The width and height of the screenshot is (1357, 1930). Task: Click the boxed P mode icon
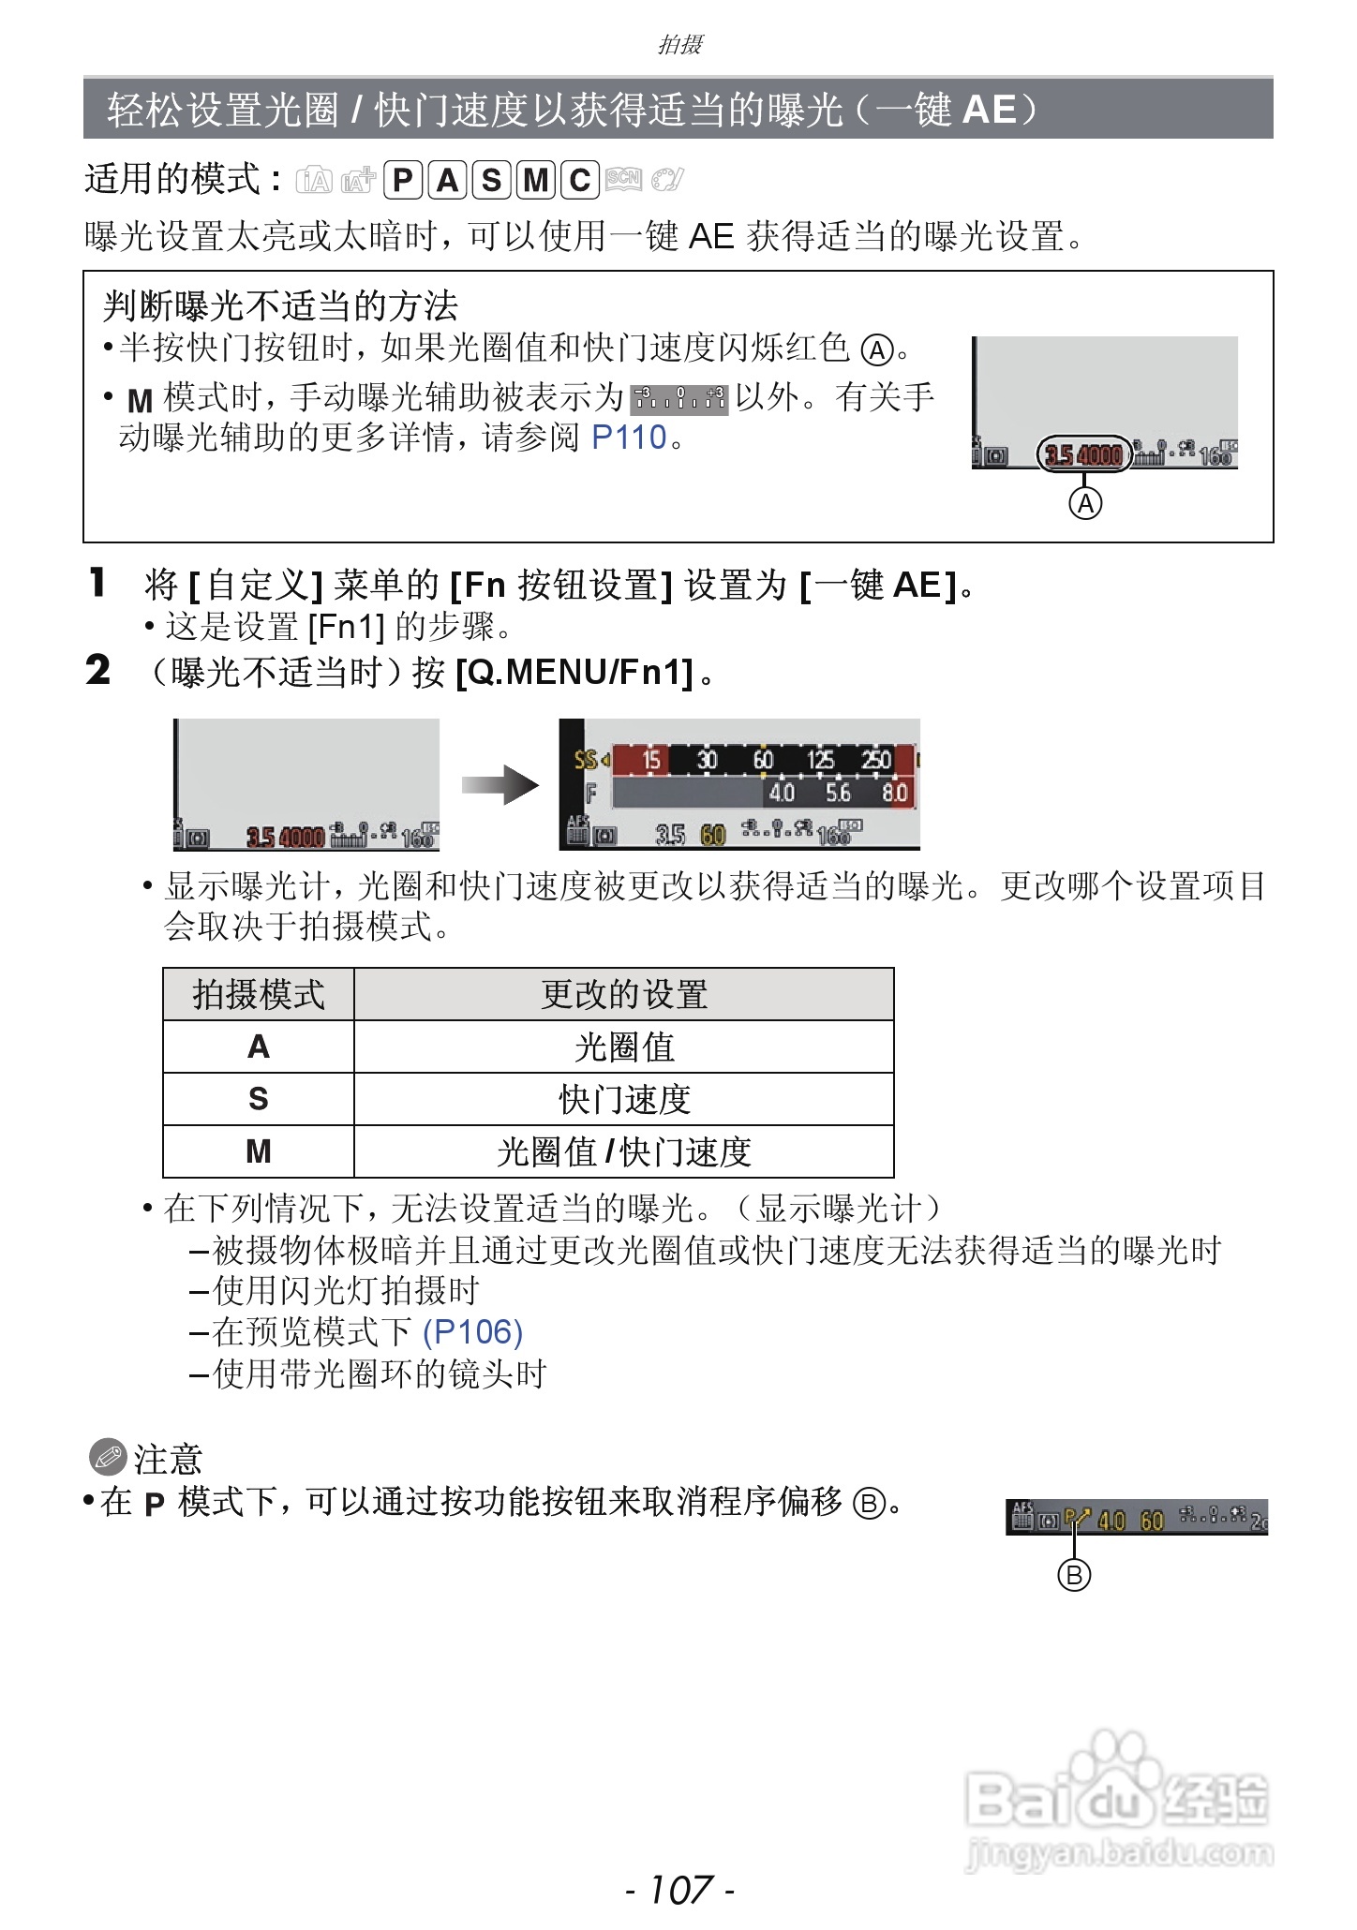coord(403,179)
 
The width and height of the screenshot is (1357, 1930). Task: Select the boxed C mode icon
coord(580,179)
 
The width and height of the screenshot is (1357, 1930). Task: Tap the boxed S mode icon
coord(491,179)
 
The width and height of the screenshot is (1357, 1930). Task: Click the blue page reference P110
coord(629,437)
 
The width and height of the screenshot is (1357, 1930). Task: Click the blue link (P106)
coord(472,1331)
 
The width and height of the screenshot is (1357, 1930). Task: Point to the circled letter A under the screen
coord(1085,504)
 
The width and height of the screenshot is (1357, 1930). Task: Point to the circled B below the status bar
coord(1074,1575)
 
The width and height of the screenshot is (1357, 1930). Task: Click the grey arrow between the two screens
coord(500,785)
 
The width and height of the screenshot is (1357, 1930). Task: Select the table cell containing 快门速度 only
coord(624,1099)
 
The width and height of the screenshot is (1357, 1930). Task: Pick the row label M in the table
coord(259,1151)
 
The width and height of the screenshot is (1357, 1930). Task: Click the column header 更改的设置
coord(624,994)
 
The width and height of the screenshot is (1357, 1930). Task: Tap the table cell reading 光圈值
coord(624,1047)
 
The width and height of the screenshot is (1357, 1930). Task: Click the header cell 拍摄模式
coord(259,994)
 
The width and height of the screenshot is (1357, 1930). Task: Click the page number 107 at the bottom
coord(679,1889)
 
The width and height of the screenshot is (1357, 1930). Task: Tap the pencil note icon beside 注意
coord(107,1458)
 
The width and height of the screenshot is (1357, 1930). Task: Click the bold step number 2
coord(97,671)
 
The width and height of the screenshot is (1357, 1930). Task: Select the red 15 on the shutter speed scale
coord(651,760)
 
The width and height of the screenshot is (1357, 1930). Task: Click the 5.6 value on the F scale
coord(838,794)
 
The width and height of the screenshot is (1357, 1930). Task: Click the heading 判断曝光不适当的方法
coord(280,305)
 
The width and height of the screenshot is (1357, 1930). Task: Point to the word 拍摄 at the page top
coord(679,44)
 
